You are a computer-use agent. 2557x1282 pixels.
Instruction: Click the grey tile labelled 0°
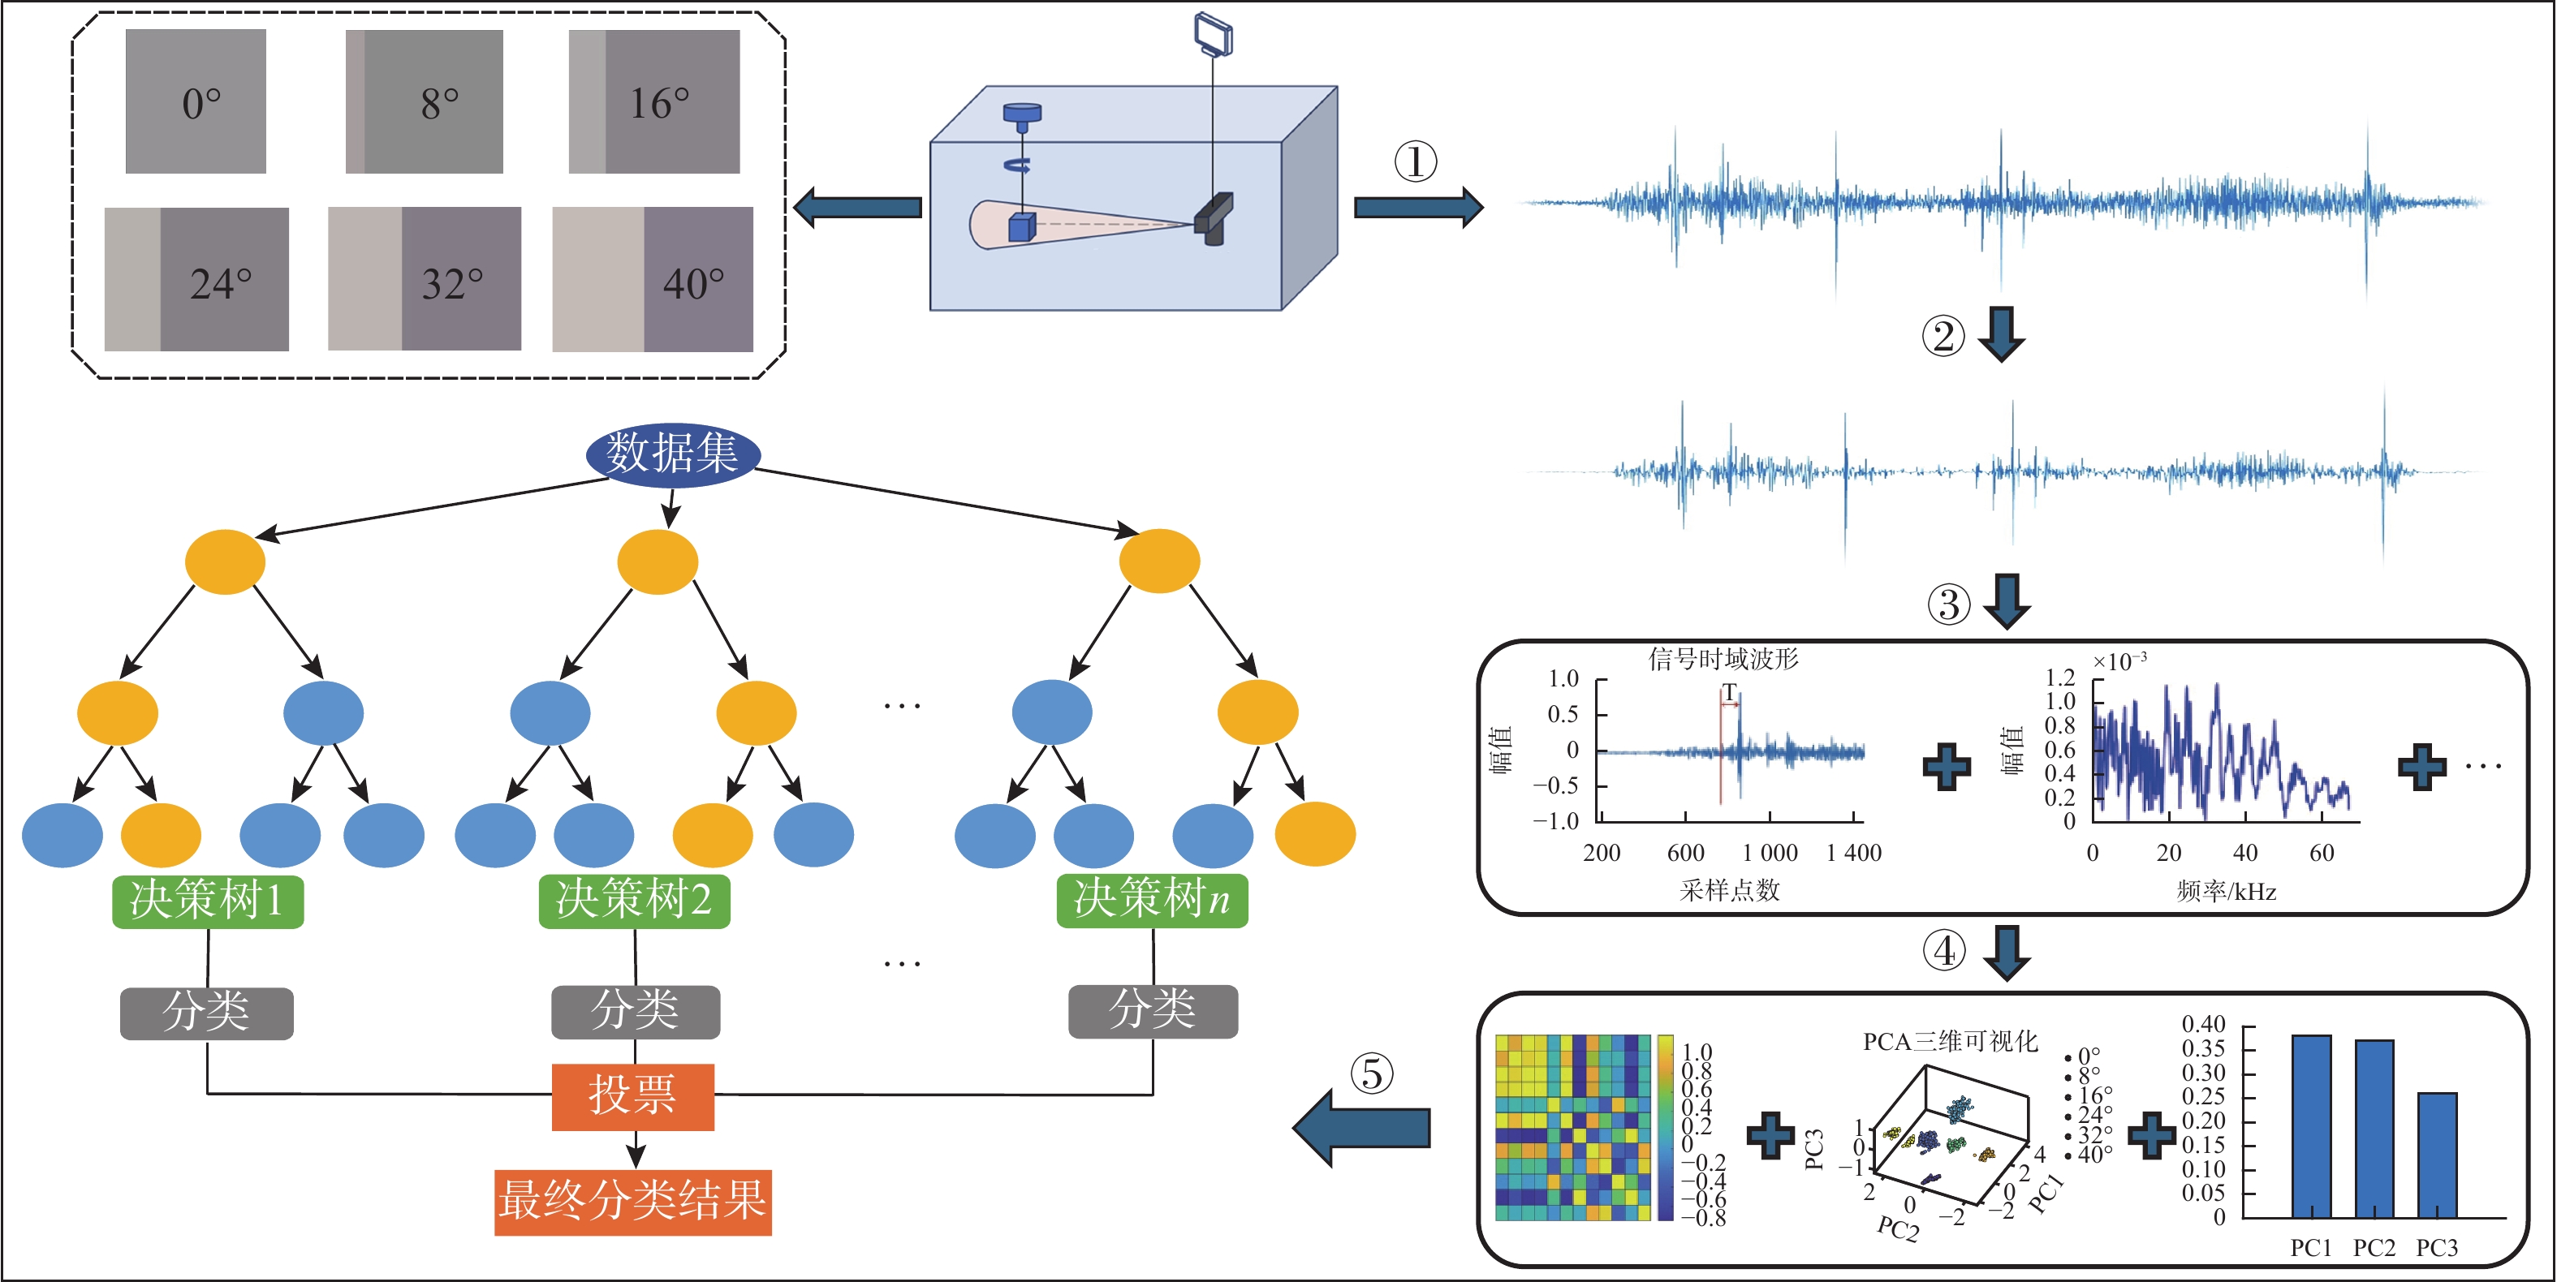click(x=196, y=101)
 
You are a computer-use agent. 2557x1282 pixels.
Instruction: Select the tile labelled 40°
click(x=653, y=280)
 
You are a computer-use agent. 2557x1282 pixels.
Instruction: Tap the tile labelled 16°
click(x=654, y=101)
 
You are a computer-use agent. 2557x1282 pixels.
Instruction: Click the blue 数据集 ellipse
click(x=673, y=454)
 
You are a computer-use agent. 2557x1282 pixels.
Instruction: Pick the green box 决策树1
click(x=208, y=901)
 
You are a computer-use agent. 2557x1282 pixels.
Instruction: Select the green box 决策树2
click(x=634, y=901)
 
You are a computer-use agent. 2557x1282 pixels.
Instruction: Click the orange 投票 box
click(x=633, y=1096)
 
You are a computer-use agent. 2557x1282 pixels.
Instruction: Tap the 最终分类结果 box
click(x=633, y=1202)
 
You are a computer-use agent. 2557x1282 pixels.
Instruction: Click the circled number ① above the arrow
click(x=1416, y=161)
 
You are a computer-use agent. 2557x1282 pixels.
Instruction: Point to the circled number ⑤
click(x=1371, y=1073)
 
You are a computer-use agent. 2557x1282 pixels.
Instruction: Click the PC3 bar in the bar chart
click(x=2437, y=1155)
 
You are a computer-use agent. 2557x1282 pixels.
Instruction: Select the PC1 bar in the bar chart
click(x=2312, y=1126)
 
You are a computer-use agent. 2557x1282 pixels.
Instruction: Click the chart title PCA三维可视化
click(x=1950, y=1041)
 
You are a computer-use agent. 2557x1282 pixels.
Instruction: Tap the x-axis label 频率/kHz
click(x=2227, y=891)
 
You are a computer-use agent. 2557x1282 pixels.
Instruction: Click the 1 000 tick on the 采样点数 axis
click(x=1770, y=852)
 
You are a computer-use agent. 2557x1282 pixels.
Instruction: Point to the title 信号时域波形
click(x=1723, y=659)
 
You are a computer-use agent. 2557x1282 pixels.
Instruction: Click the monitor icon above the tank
click(x=1213, y=34)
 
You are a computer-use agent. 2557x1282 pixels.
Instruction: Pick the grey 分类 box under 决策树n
click(x=1153, y=1011)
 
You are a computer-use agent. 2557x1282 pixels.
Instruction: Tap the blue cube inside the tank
click(x=1021, y=226)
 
